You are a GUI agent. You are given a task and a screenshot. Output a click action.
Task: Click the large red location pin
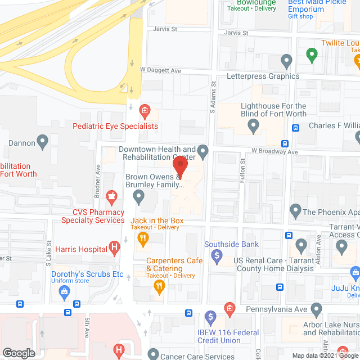pos(179,167)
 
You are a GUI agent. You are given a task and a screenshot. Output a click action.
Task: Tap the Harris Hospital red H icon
pos(115,246)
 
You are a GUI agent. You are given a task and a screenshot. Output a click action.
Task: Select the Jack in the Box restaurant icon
pos(143,238)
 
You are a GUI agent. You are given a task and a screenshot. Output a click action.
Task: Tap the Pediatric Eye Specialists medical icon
pos(144,110)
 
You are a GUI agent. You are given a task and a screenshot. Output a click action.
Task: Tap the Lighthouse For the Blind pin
pos(254,127)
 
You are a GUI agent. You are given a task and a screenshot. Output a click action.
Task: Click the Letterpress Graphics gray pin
pos(286,60)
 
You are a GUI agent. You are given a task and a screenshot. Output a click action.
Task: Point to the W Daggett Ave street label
pos(161,70)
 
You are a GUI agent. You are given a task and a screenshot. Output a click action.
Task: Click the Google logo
pos(19,353)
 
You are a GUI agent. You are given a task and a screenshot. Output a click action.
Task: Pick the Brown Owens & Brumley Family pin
pos(138,196)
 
